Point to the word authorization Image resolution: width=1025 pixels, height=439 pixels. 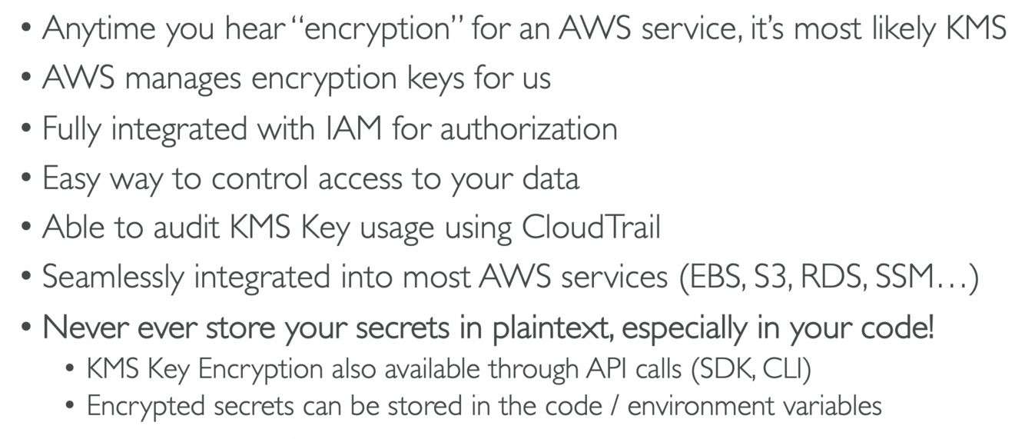[529, 128]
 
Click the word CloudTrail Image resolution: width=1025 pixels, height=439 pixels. [591, 228]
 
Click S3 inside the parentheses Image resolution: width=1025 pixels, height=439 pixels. [771, 278]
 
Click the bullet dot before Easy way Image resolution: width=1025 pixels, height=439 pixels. [27, 178]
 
